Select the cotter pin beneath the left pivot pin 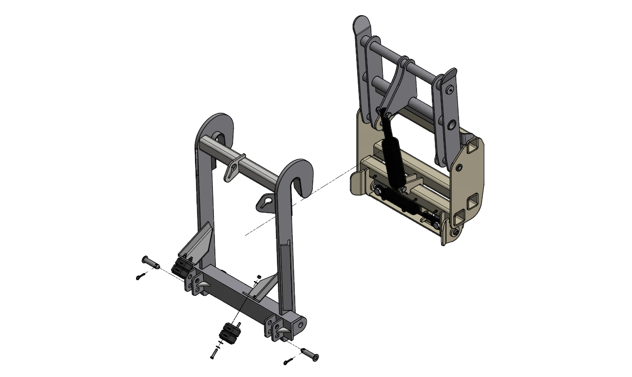141,276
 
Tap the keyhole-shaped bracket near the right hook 265,201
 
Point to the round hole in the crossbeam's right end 301,324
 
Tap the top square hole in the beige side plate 472,147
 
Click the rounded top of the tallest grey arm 363,22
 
